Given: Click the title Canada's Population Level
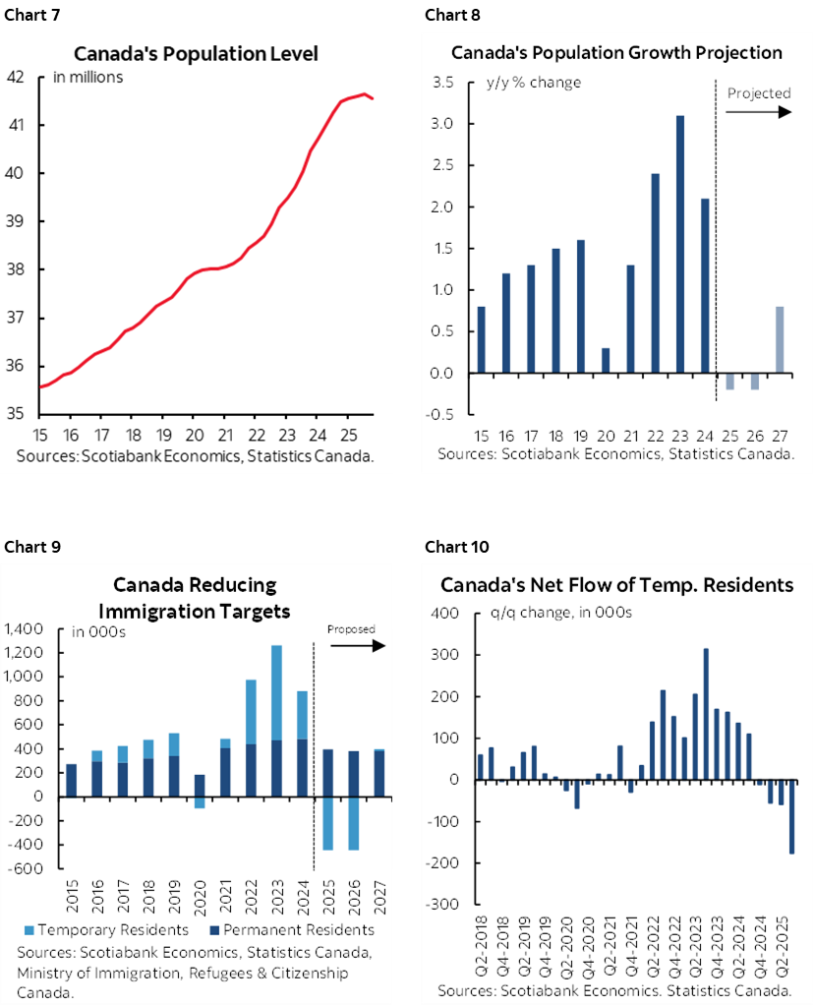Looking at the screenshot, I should pyautogui.click(x=197, y=54).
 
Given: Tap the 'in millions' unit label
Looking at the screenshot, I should pyautogui.click(x=87, y=77).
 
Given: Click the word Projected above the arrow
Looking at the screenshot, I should pyautogui.click(x=759, y=93).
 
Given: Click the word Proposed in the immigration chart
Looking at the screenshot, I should pyautogui.click(x=351, y=629).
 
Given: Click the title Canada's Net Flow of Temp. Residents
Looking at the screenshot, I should pyautogui.click(x=616, y=585).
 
